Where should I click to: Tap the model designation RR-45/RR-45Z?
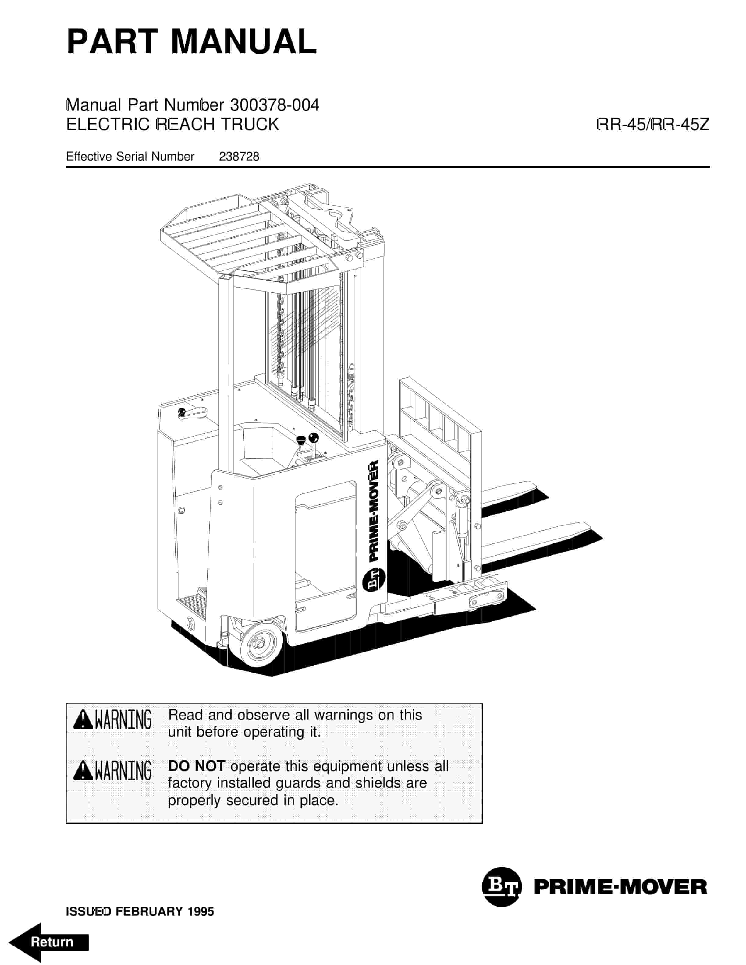click(x=653, y=125)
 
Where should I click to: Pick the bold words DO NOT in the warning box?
click(x=197, y=766)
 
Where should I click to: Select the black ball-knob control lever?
click(x=313, y=438)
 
